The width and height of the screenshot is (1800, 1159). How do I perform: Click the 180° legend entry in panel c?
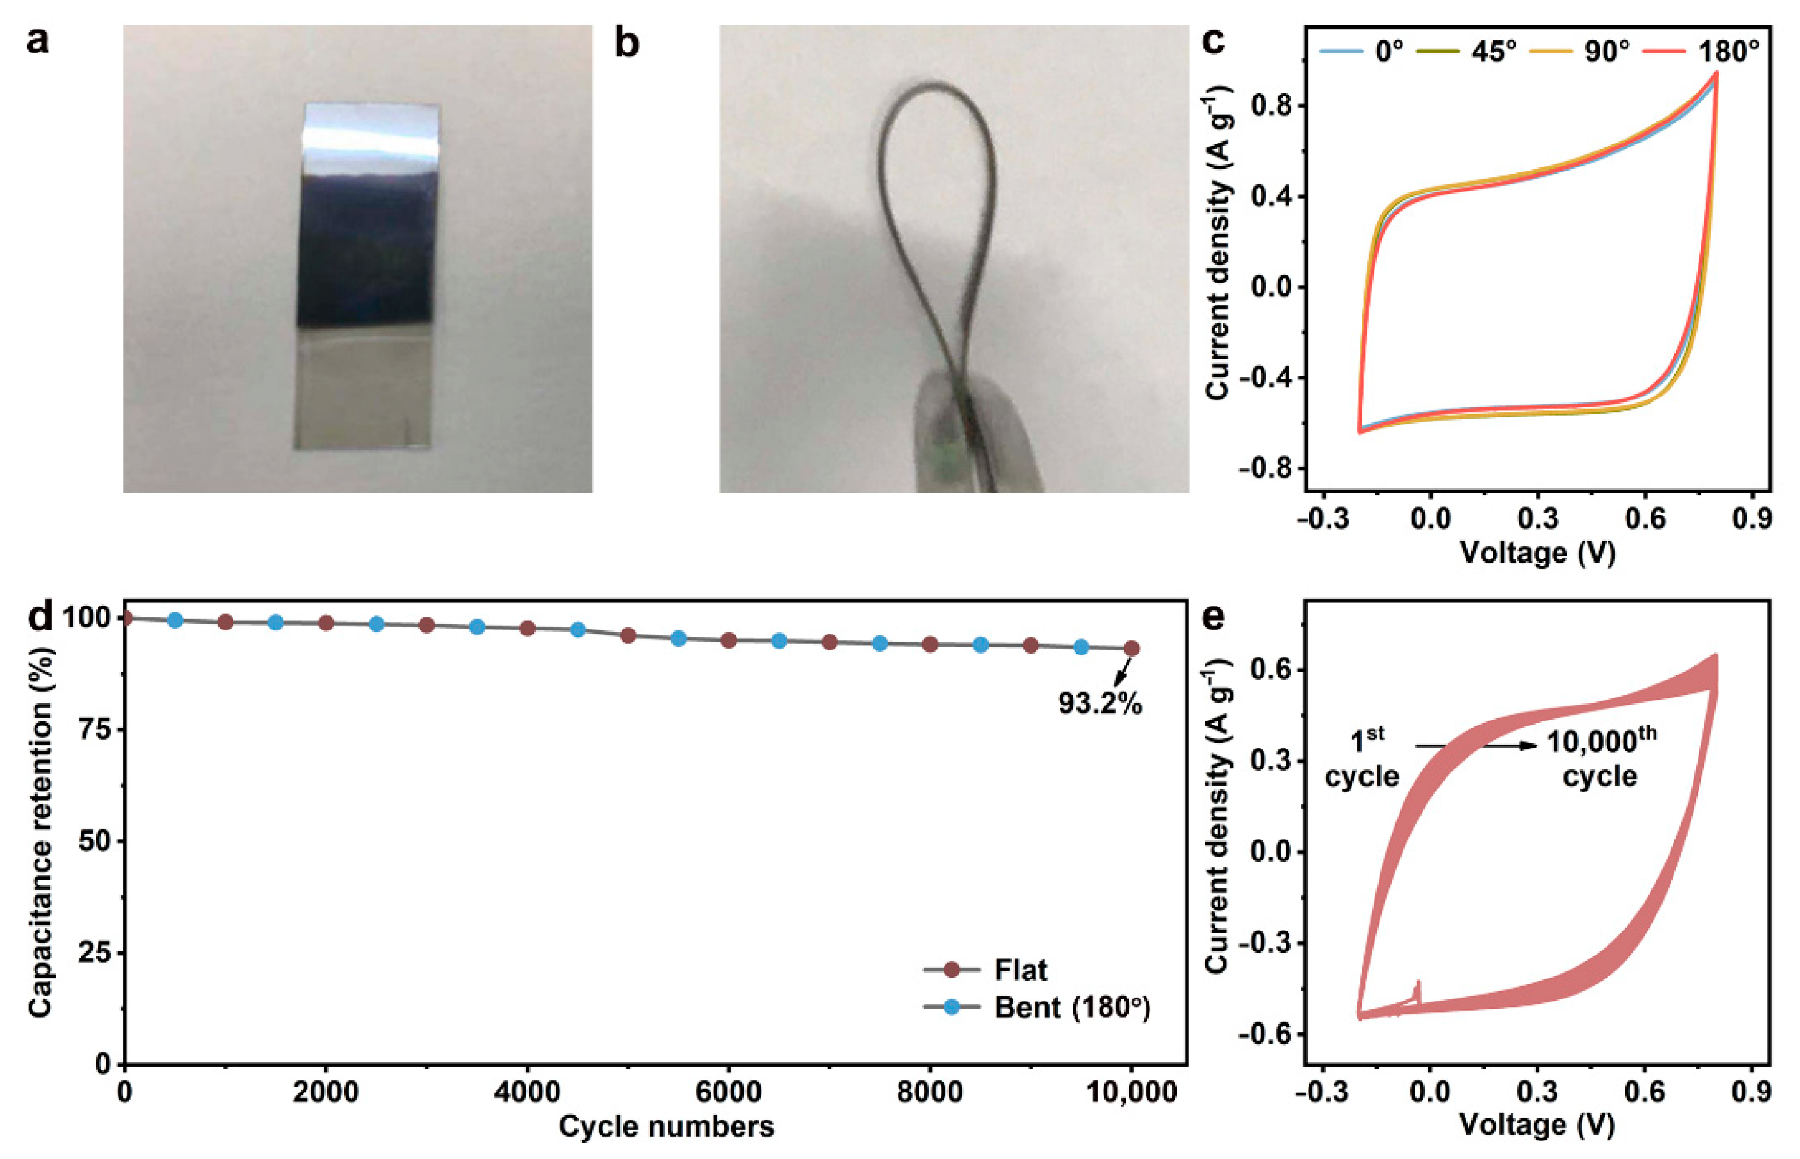pos(1728,51)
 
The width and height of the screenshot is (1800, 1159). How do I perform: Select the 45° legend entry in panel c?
pos(1493,51)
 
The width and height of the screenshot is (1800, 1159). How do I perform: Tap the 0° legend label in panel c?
pos(1389,51)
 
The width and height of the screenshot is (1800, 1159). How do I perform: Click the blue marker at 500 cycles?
pos(175,620)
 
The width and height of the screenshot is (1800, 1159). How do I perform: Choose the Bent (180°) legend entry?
pos(1071,1007)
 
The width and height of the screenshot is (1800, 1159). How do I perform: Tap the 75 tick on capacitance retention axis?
pos(93,729)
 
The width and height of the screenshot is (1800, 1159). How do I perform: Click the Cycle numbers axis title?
pos(666,1127)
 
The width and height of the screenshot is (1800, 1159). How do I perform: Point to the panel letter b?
pos(626,44)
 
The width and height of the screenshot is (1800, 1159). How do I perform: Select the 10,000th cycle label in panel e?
pos(1600,759)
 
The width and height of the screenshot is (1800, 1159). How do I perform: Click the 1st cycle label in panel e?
pos(1362,759)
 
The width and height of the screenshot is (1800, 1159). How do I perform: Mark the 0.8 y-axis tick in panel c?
pos(1271,106)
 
